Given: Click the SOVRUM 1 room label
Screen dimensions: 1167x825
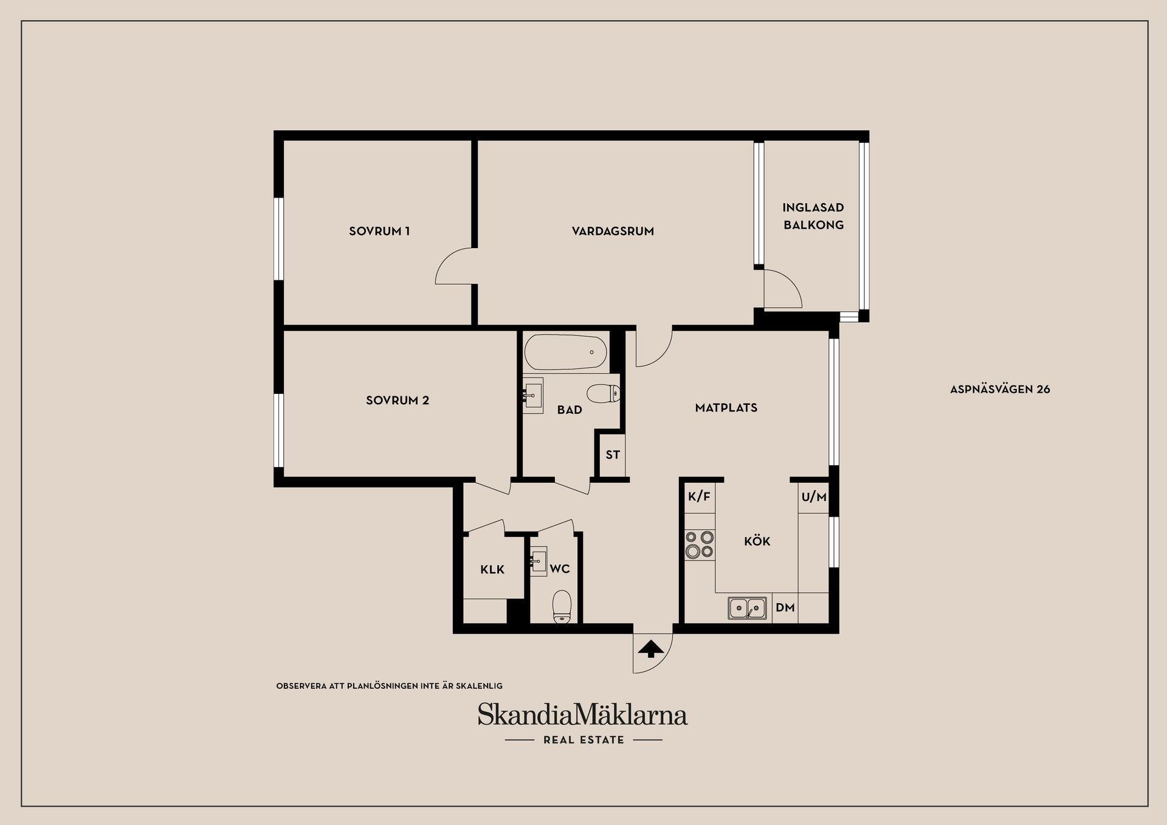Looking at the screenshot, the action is (379, 231).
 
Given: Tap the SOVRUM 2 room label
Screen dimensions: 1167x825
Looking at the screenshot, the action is (398, 400).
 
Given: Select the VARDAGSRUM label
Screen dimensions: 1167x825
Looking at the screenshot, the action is (613, 231).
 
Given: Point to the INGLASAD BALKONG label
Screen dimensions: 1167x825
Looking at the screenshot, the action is (813, 216).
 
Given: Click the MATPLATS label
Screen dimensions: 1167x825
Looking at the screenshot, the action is (726, 407).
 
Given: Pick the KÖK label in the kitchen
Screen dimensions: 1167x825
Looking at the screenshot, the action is (757, 540).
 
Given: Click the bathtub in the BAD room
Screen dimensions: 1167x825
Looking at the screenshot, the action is (566, 352).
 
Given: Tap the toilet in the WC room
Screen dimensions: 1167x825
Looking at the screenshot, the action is (562, 606).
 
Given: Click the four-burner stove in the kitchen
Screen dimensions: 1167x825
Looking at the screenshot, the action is (700, 545).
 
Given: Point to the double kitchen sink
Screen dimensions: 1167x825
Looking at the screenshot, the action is (748, 608).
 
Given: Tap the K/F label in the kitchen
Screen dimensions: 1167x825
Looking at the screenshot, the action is (699, 497).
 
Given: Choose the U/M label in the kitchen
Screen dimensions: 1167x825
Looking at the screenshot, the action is (814, 497).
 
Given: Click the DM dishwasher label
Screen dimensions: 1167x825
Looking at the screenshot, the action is (785, 607).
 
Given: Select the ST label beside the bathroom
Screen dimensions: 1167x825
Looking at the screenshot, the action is (613, 455).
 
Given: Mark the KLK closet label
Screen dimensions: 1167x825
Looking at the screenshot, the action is (492, 570).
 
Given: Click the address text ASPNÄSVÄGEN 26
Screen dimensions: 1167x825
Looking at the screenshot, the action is (1000, 389).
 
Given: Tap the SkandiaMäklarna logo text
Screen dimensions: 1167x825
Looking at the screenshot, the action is (582, 714).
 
